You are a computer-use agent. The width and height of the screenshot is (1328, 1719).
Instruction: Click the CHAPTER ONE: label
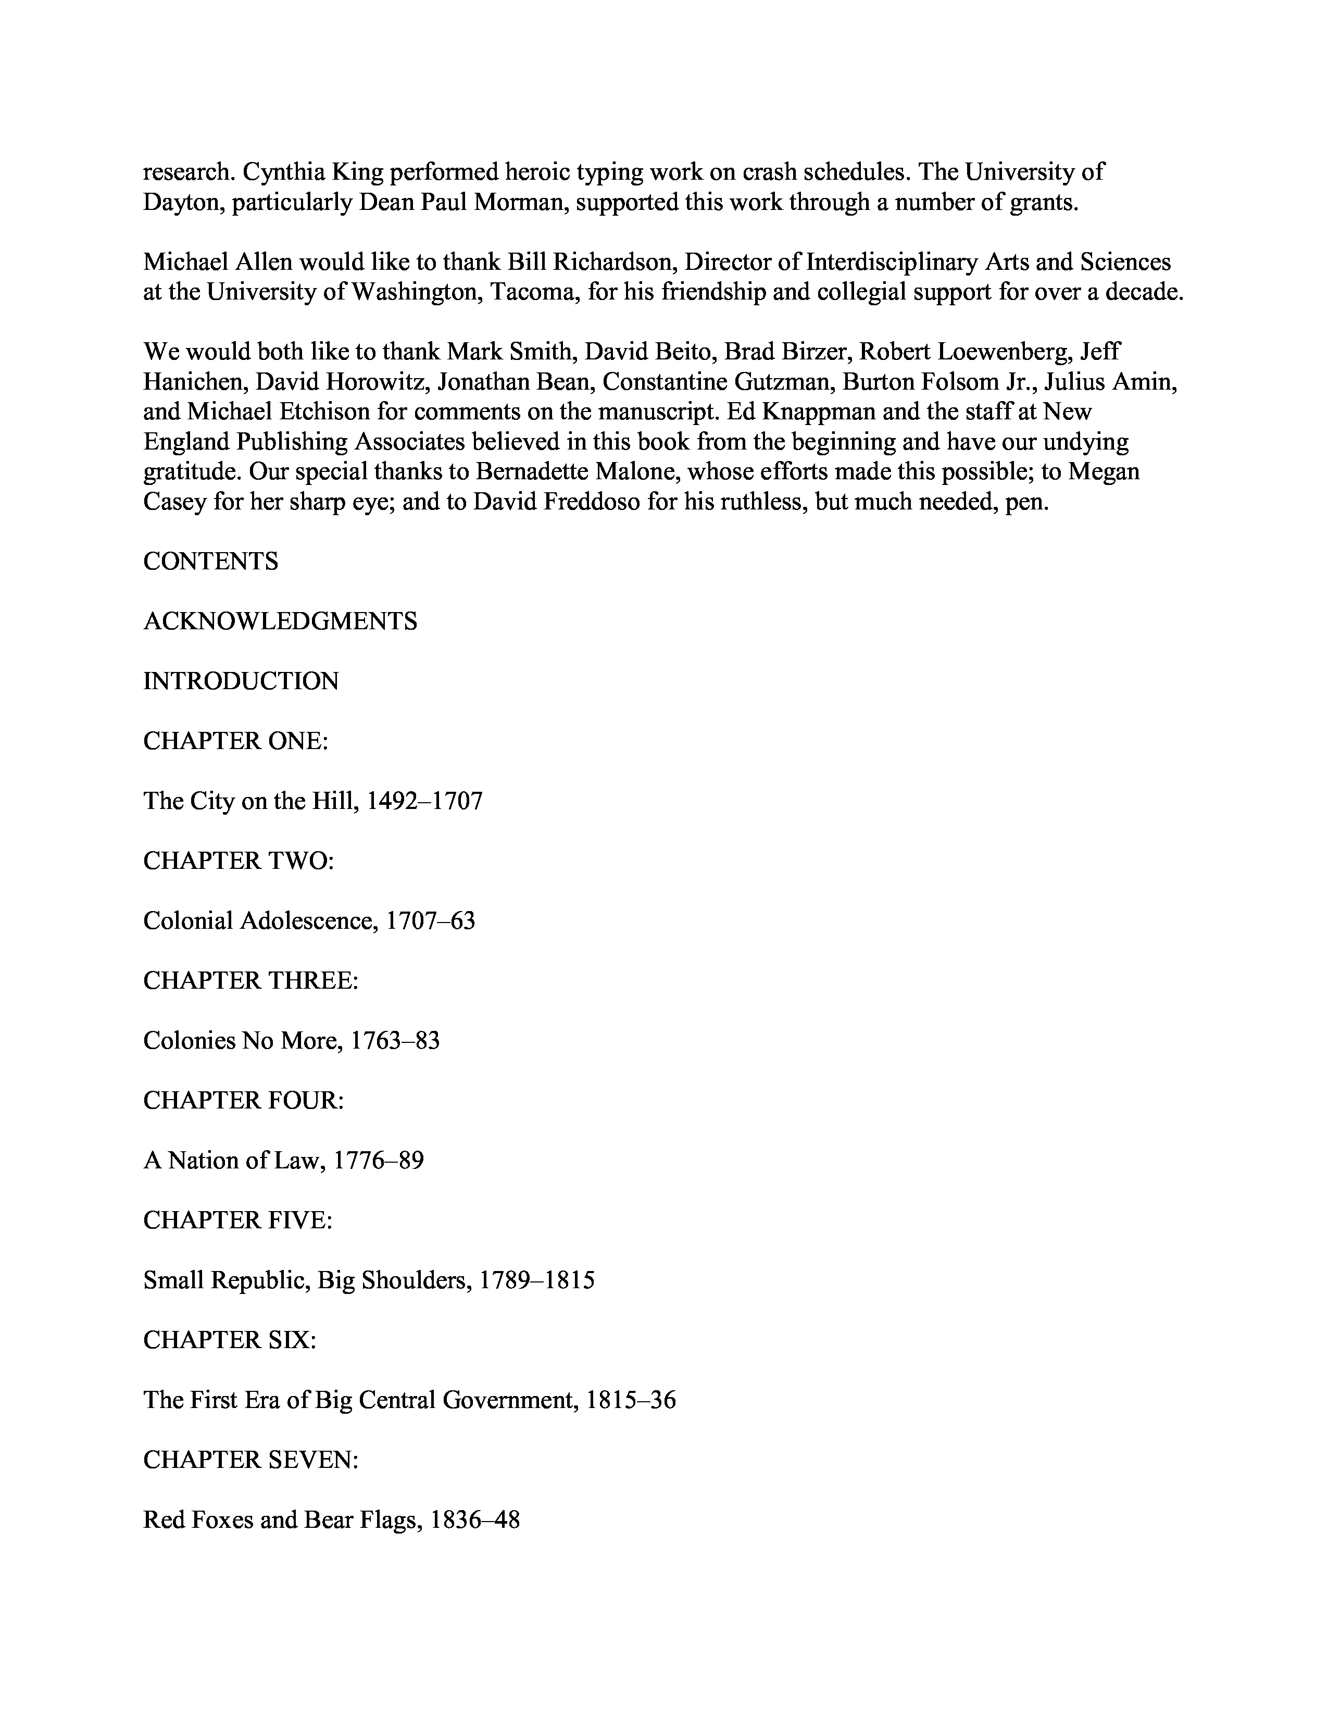[235, 741]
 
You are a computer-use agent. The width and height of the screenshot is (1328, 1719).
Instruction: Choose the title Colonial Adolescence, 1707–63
[309, 921]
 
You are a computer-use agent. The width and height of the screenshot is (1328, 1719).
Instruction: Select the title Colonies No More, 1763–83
[291, 1041]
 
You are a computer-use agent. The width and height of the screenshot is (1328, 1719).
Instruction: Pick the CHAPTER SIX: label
[230, 1340]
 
